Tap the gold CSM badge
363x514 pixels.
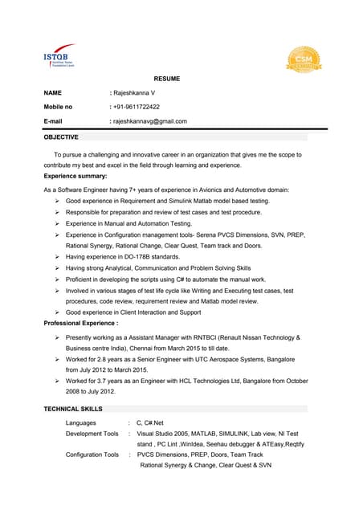(304, 59)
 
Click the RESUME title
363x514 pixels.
(167, 79)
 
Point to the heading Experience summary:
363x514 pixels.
(75, 175)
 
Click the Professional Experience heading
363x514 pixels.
(81, 322)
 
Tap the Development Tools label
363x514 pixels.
(92, 434)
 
